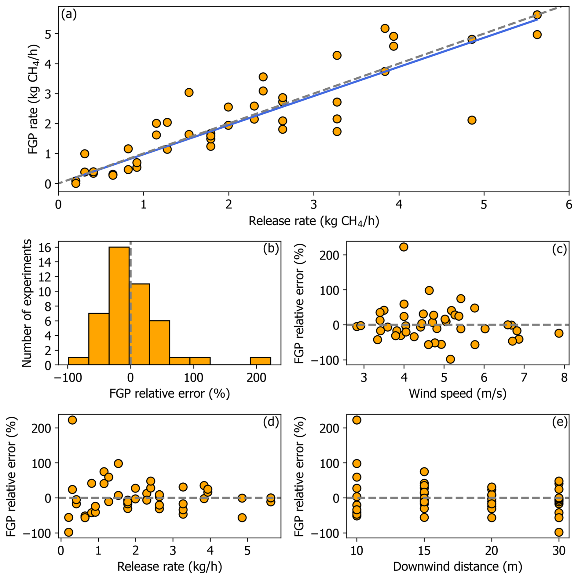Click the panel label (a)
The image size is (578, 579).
coord(69,14)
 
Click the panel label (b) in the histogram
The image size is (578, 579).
coord(271,249)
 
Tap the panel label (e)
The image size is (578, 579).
coord(560,422)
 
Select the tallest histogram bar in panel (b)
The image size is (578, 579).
coord(119,306)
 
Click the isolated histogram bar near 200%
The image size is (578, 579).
coord(260,361)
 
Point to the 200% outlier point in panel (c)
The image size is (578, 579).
coord(404,247)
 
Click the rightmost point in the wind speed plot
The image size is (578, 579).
coord(559,333)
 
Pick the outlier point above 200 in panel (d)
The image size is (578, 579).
coord(72,420)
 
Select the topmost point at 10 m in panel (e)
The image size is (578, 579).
coord(357,420)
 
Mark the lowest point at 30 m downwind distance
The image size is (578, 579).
coord(559,532)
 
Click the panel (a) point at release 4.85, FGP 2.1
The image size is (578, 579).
coord(472,120)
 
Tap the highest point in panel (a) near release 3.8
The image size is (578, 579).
coord(385,28)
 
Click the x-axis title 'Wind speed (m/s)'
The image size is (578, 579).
coord(457,393)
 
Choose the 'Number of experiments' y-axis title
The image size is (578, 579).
coord(27,303)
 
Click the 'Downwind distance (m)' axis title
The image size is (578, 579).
coord(457,566)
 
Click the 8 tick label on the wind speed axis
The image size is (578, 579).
coord(564,378)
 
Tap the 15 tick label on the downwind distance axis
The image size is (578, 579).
coord(424,551)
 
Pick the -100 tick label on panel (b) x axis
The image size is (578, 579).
coord(68,378)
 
